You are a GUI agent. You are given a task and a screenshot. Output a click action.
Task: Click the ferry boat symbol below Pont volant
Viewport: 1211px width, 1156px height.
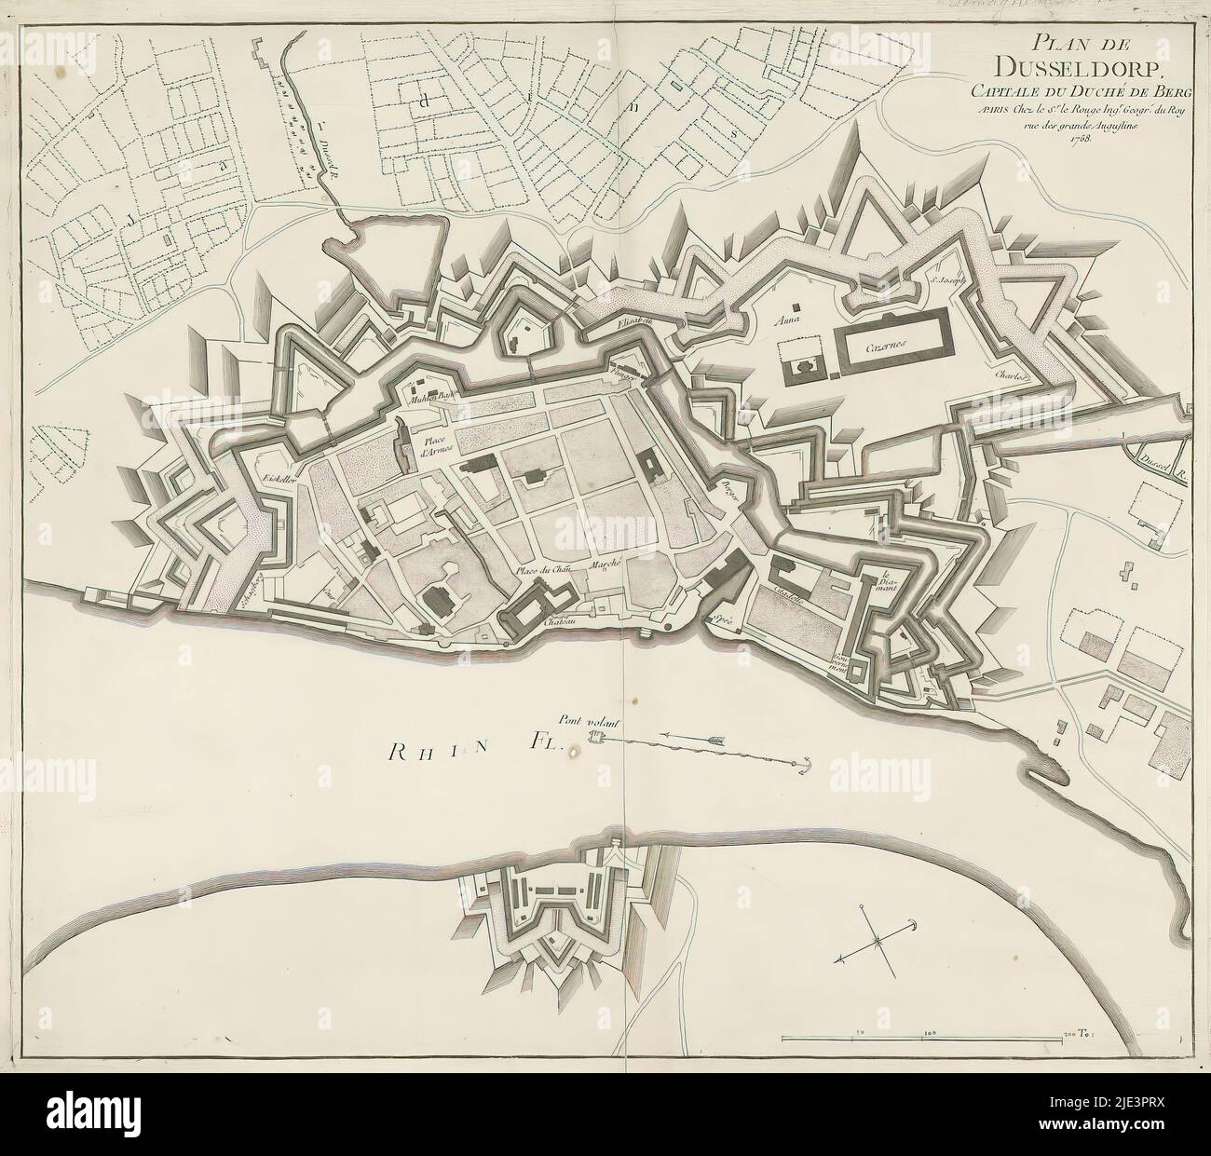[x=601, y=739]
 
